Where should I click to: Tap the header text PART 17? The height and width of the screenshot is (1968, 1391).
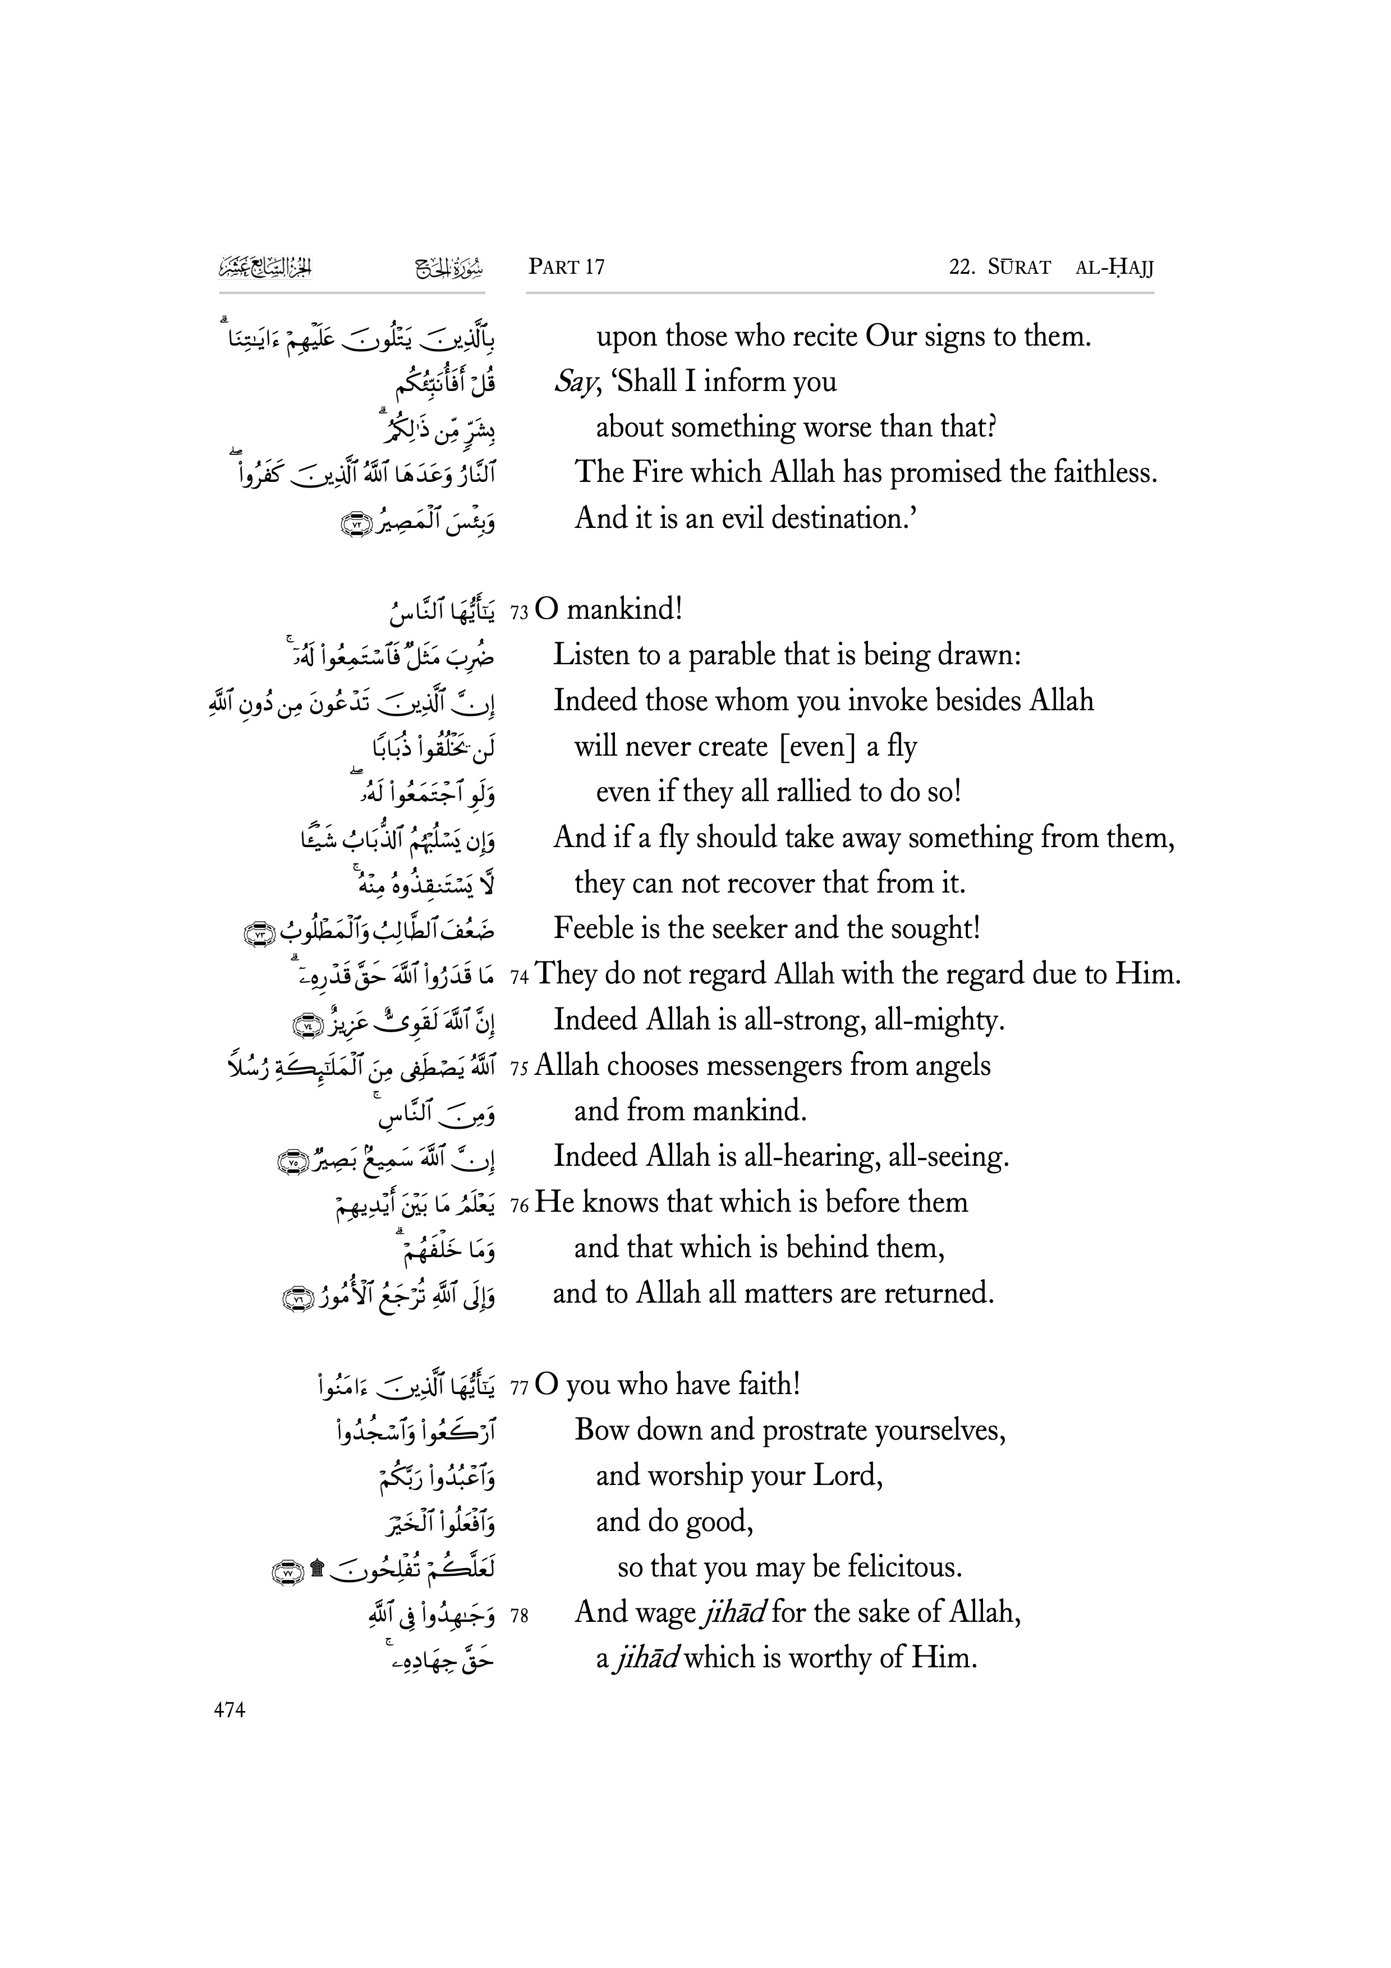(567, 268)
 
